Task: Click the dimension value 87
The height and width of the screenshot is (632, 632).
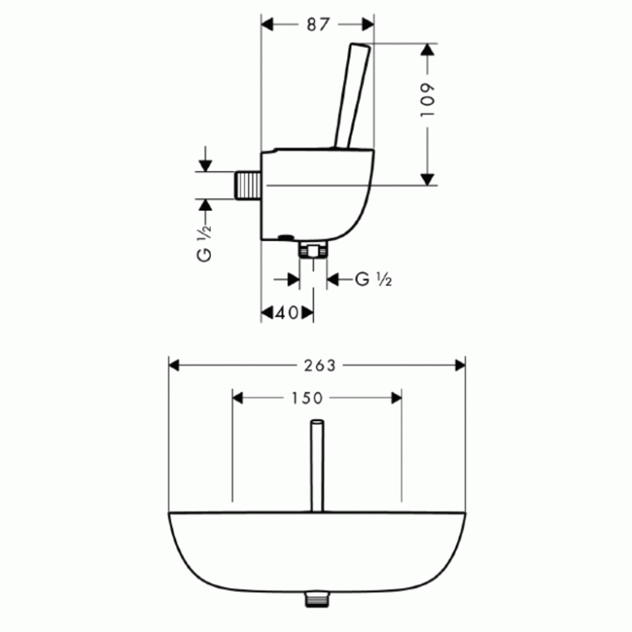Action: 317,24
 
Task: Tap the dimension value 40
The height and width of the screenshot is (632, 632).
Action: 287,313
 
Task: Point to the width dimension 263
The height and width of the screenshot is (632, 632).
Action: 318,365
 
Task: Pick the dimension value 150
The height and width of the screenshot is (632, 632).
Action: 318,397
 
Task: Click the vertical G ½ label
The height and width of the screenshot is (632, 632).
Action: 204,244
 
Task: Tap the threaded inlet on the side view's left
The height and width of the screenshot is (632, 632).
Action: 247,183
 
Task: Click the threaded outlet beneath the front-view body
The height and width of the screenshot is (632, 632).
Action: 317,599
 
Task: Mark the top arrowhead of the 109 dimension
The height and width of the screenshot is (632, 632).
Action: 427,50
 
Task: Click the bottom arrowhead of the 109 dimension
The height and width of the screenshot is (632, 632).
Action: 427,178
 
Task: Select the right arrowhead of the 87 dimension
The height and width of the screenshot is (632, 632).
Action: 367,24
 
